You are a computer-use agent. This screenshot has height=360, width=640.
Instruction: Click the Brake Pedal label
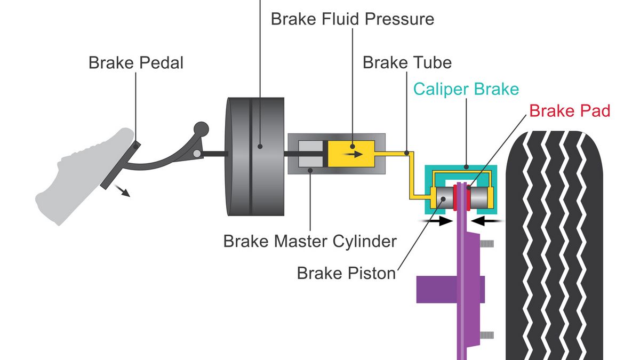coord(135,62)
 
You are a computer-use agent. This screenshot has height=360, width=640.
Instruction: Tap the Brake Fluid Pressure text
coord(352,19)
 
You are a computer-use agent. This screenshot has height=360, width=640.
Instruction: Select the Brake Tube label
coord(407,62)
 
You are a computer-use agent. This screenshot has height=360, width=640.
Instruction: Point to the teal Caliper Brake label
coord(466,89)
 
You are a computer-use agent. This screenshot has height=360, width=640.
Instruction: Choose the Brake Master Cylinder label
coord(310,241)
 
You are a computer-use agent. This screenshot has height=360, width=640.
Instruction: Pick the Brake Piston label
coord(346,273)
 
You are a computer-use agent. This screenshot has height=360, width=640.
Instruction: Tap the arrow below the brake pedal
coord(124,191)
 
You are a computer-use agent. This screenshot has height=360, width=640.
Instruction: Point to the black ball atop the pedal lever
coord(200,129)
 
